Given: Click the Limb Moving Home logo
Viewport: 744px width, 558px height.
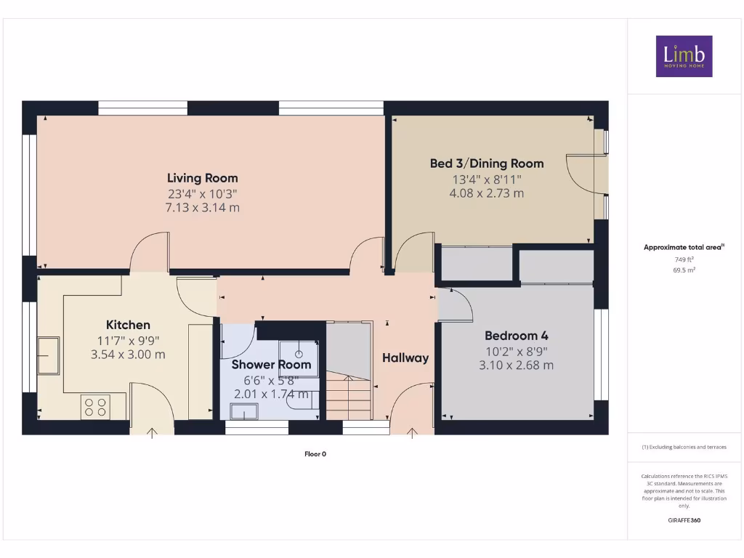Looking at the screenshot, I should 684,56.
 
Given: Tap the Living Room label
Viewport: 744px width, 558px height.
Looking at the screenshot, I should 202,178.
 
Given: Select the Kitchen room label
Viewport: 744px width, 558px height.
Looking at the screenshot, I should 128,325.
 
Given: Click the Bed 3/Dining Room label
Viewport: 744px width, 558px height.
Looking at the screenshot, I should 486,163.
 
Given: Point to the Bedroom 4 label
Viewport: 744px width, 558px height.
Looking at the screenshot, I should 516,336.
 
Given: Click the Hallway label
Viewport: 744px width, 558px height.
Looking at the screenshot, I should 405,357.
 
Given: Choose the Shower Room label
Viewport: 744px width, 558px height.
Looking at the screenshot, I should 271,365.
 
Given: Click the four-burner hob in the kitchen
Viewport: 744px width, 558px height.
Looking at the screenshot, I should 95,407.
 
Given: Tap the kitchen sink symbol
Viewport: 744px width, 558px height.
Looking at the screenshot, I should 49,355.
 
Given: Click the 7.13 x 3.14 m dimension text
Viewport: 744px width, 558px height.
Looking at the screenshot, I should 202,208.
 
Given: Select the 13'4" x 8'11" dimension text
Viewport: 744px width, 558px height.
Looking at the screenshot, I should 486,179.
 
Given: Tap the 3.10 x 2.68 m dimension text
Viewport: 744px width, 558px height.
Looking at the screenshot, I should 516,365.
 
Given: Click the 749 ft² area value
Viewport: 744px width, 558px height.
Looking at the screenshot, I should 683,259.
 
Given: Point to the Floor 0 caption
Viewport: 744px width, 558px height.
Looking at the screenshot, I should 315,454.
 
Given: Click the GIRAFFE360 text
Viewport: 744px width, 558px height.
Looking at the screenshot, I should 683,520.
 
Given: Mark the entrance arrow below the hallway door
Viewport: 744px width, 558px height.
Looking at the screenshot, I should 412,434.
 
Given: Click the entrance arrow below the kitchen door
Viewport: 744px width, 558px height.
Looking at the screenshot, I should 152,434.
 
